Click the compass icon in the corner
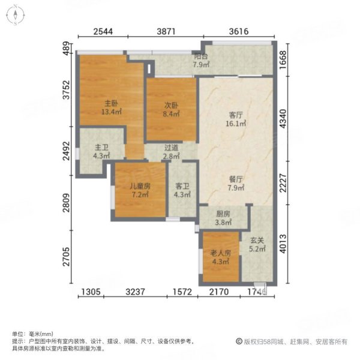point(16,15)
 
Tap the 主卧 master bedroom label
point(112,107)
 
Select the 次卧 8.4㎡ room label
point(171,109)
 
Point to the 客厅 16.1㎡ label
point(236,119)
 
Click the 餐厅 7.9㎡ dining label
point(236,184)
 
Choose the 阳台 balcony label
point(201,60)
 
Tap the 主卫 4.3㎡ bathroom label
point(101,152)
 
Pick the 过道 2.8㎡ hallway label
point(171,152)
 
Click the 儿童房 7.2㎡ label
point(140,190)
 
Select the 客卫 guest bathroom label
point(182,190)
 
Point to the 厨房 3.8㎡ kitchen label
point(223,218)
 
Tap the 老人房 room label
point(221,257)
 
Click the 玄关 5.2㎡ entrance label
point(257,244)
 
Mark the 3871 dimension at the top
point(166,31)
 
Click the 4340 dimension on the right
point(283,119)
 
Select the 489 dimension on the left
point(67,48)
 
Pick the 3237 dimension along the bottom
point(136,292)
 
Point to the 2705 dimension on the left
point(67,257)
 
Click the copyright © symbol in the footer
point(239,341)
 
